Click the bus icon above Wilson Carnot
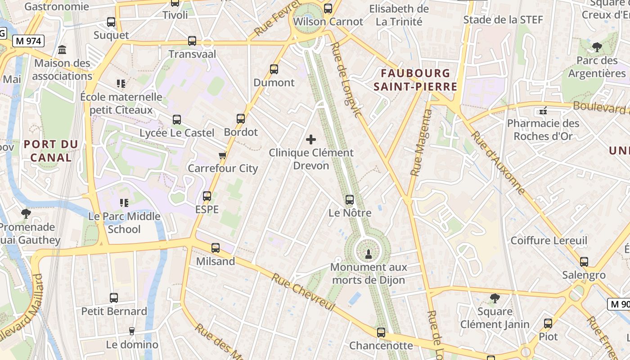[328, 8]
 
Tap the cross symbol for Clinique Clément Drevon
[311, 139]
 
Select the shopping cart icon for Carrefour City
[222, 156]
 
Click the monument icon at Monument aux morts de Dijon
[368, 254]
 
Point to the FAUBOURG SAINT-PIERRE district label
[415, 80]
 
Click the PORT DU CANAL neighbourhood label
[51, 151]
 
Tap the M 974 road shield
[28, 41]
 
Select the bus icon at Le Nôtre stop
[350, 200]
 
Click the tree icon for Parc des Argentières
[597, 47]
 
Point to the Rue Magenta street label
[421, 142]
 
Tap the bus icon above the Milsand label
[216, 248]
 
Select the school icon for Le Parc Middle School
[124, 203]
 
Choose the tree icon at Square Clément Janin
[495, 298]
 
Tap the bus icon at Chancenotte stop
[381, 333]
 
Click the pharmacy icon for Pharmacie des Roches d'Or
[543, 110]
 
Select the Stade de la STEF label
[503, 19]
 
